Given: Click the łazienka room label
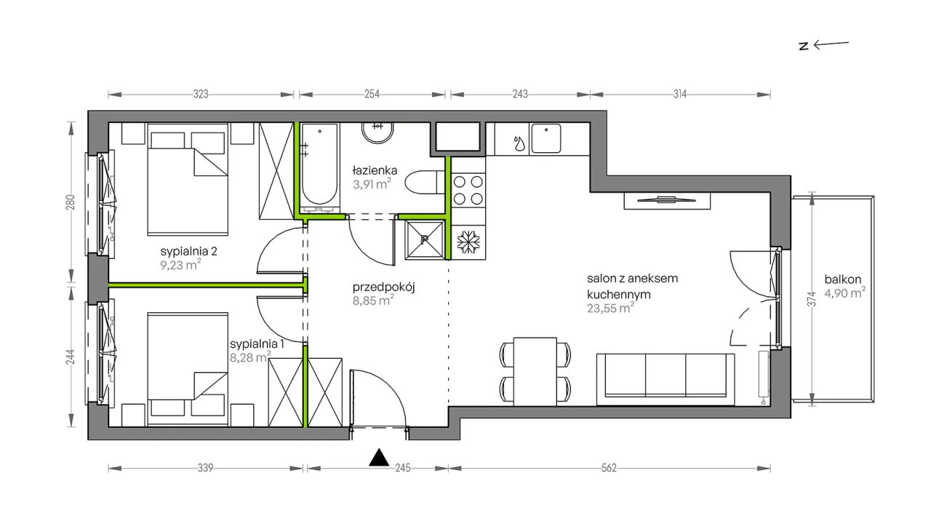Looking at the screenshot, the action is click(x=375, y=170).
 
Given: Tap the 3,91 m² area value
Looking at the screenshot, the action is click(x=372, y=184).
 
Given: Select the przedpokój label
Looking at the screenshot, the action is click(x=383, y=287).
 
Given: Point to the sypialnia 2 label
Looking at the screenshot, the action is click(x=188, y=252).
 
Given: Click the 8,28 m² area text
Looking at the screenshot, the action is click(x=250, y=357).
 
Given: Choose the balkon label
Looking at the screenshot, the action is click(x=843, y=279).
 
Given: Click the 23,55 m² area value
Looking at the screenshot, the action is click(x=610, y=309).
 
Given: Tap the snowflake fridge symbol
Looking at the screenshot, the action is click(x=468, y=242).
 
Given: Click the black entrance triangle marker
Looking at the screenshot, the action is click(x=379, y=457).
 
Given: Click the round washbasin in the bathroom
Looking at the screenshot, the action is click(x=377, y=132).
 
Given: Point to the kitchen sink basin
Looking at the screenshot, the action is click(x=546, y=138).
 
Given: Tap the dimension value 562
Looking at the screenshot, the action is click(x=609, y=469).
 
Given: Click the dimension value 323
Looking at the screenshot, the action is click(x=200, y=95).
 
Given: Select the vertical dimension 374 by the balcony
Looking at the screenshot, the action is click(x=812, y=299).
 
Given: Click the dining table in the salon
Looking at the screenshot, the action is click(x=535, y=371).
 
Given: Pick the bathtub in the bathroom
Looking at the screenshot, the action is click(x=319, y=168).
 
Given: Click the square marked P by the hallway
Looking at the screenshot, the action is click(x=424, y=240).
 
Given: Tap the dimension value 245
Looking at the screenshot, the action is click(x=403, y=469).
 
